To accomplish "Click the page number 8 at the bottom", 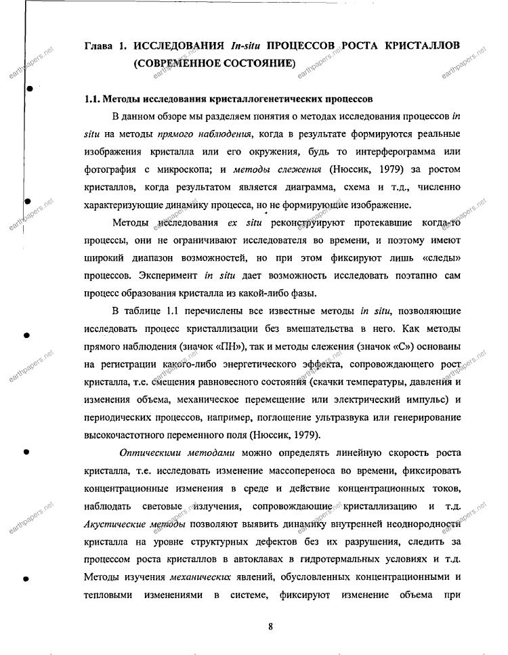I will click(270, 626).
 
